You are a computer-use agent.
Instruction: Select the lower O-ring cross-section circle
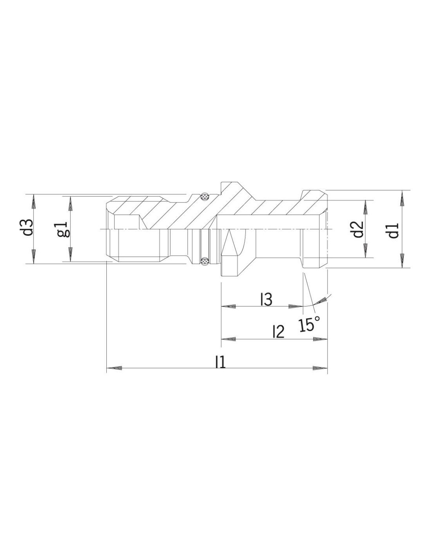pyautogui.click(x=204, y=261)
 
